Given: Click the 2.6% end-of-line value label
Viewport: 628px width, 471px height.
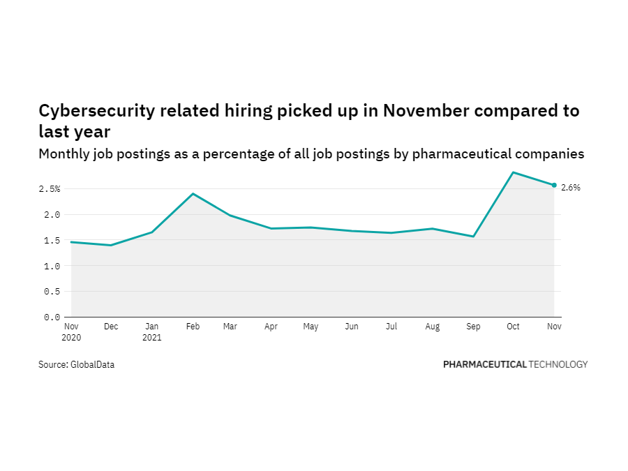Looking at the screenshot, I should tap(571, 188).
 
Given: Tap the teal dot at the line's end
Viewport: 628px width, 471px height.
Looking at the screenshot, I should tap(554, 185).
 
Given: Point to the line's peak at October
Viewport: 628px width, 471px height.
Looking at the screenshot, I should tap(514, 172).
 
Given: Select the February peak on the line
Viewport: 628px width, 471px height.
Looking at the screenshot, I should tap(193, 194).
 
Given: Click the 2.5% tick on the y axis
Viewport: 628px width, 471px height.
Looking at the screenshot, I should tap(50, 189).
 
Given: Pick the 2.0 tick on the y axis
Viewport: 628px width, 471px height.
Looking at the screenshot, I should tap(52, 215).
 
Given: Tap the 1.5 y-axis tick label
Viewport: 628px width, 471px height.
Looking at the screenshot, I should tap(52, 241).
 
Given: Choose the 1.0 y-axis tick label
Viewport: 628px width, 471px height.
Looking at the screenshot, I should tap(52, 267).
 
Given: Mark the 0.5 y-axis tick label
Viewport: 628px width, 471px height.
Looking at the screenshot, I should tap(52, 292).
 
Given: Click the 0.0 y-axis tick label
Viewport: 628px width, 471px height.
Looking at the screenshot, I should tap(52, 317).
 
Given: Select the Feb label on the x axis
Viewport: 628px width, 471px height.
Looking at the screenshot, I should tap(193, 327).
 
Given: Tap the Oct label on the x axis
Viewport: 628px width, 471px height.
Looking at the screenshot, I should tap(514, 327).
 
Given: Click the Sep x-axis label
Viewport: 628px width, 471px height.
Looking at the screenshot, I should tap(474, 327).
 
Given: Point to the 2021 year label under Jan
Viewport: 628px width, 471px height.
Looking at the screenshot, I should tap(152, 337).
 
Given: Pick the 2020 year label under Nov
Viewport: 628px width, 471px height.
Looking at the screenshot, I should tap(72, 337).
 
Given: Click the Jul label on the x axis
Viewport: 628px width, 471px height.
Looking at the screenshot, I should tap(393, 327).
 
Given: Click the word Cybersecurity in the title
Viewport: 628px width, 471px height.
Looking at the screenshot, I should tap(96, 111).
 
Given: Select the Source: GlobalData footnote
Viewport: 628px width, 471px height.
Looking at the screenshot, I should tap(76, 364).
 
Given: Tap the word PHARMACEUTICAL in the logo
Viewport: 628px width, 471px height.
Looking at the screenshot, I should tap(484, 364).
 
